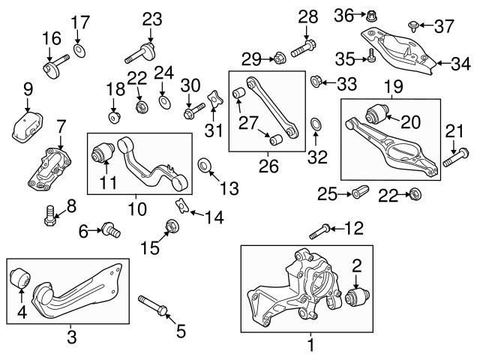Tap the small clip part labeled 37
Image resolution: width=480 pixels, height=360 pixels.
pyautogui.click(x=413, y=26)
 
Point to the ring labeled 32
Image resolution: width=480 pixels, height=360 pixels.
pyautogui.click(x=316, y=123)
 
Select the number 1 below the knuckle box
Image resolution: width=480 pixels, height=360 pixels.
pyautogui.click(x=310, y=346)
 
